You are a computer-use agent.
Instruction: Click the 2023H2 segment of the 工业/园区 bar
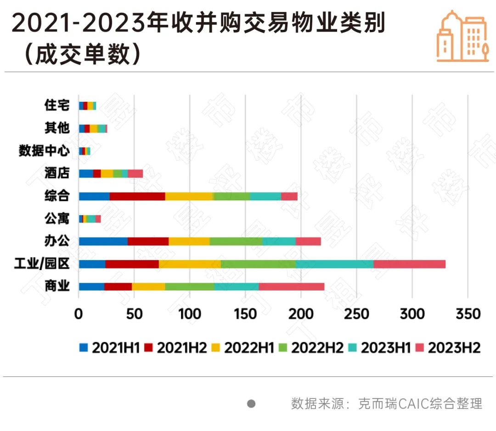pyautogui.click(x=409, y=264)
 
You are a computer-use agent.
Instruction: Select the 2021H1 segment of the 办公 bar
pyautogui.click(x=103, y=241)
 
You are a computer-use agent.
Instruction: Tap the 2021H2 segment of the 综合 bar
pyautogui.click(x=137, y=196)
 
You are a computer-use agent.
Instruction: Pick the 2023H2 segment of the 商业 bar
pyautogui.click(x=291, y=287)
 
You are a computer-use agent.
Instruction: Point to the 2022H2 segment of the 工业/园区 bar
pyautogui.click(x=258, y=264)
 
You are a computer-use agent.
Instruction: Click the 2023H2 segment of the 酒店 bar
pyautogui.click(x=135, y=174)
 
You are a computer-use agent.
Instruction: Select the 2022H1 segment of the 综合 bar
pyautogui.click(x=189, y=196)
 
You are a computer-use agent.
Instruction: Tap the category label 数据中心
pyautogui.click(x=44, y=151)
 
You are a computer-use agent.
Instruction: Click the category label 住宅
pyautogui.click(x=57, y=105)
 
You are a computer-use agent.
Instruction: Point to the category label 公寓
pyautogui.click(x=57, y=219)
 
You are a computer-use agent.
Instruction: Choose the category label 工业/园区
pyautogui.click(x=42, y=264)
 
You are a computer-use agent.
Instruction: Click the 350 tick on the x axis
pyautogui.click(x=467, y=314)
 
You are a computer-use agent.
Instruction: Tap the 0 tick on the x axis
pyautogui.click(x=79, y=314)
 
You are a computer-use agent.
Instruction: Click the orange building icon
pyautogui.click(x=462, y=35)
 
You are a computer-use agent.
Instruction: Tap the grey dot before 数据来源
pyautogui.click(x=251, y=403)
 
